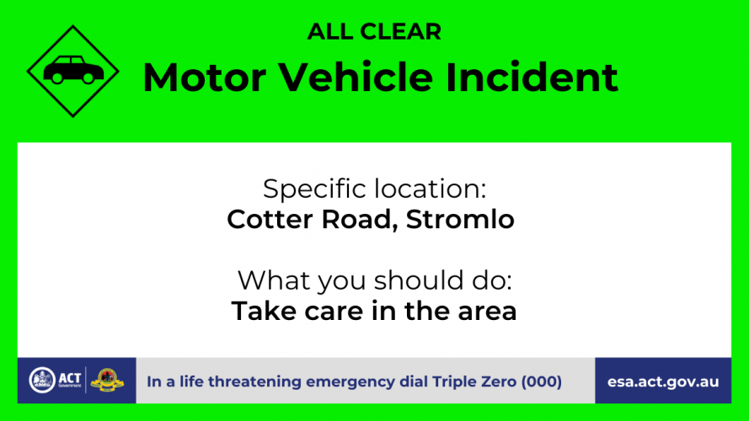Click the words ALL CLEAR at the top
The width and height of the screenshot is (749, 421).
(374, 31)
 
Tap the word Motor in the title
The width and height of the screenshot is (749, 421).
(205, 77)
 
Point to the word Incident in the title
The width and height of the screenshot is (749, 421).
(532, 77)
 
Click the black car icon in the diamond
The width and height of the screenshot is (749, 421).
(73, 70)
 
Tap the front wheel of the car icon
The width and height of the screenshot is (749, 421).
(88, 77)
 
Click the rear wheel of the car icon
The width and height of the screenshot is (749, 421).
(56, 77)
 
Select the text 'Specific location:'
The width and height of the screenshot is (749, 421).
(374, 189)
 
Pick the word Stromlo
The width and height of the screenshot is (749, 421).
(460, 219)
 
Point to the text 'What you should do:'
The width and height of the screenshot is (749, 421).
(374, 280)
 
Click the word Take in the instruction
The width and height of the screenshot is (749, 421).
(263, 311)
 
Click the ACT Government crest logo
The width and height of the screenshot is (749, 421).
(42, 381)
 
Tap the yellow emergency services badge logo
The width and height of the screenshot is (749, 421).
(108, 381)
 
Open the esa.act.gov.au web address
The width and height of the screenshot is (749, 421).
(663, 382)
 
